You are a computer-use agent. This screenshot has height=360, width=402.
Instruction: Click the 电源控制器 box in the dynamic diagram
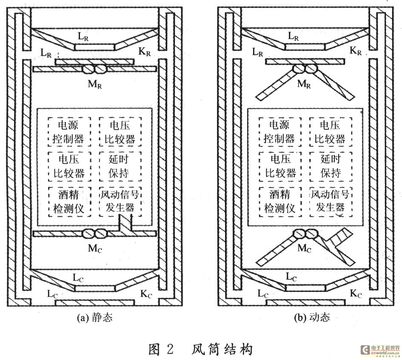pos(279,132)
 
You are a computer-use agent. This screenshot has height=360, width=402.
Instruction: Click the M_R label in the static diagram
pos(95,83)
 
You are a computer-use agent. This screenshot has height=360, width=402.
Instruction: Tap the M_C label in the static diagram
pos(95,248)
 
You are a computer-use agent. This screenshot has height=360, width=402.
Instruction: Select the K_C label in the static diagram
pos(145,293)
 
